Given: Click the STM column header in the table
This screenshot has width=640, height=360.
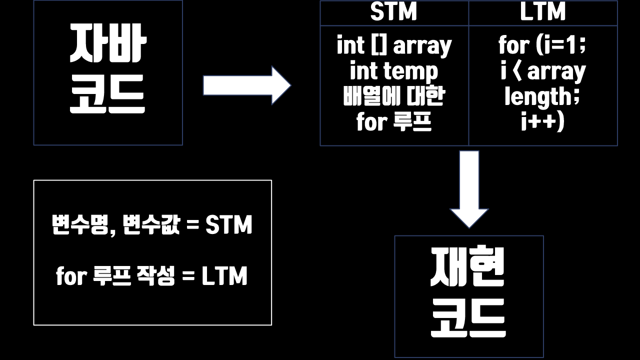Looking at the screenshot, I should click(x=393, y=12).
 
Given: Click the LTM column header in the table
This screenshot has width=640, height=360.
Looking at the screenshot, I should click(x=542, y=12).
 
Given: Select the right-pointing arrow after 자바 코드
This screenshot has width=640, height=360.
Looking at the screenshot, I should click(x=246, y=85).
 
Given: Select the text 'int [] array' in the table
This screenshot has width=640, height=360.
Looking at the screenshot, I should click(x=394, y=46).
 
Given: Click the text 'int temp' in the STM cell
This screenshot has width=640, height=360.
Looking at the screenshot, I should click(x=394, y=71).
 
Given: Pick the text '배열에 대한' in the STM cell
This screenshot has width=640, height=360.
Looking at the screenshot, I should click(x=394, y=96).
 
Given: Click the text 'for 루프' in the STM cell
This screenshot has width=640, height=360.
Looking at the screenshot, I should click(x=394, y=121).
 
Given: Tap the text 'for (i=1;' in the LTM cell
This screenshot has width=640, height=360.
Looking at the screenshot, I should click(x=542, y=46).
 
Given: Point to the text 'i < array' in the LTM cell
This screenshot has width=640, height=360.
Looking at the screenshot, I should click(x=542, y=71).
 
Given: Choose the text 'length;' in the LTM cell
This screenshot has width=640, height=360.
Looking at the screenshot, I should click(x=542, y=96).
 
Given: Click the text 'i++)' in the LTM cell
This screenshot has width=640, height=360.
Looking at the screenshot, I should click(x=542, y=121).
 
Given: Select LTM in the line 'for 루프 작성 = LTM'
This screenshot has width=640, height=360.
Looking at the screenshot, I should click(x=224, y=276).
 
